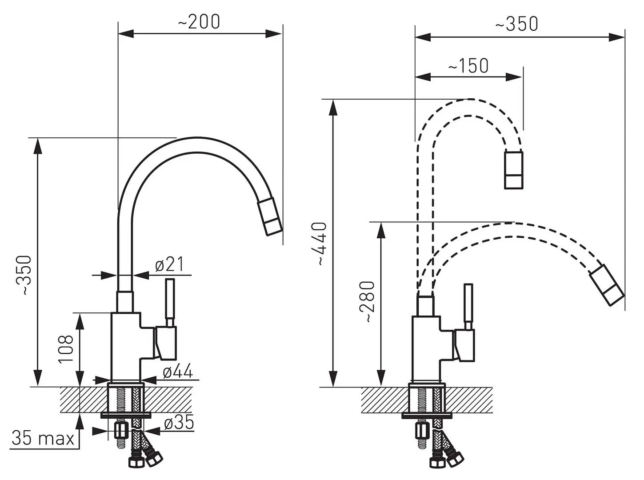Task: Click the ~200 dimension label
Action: (x=199, y=22)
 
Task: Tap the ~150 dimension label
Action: (x=468, y=66)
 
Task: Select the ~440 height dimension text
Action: (x=322, y=244)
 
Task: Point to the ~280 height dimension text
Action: (x=370, y=302)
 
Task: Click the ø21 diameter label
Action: (x=169, y=264)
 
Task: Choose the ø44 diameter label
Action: (x=178, y=371)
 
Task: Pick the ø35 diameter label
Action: (x=179, y=423)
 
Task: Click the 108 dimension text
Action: (x=66, y=349)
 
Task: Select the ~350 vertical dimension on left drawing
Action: (x=24, y=275)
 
